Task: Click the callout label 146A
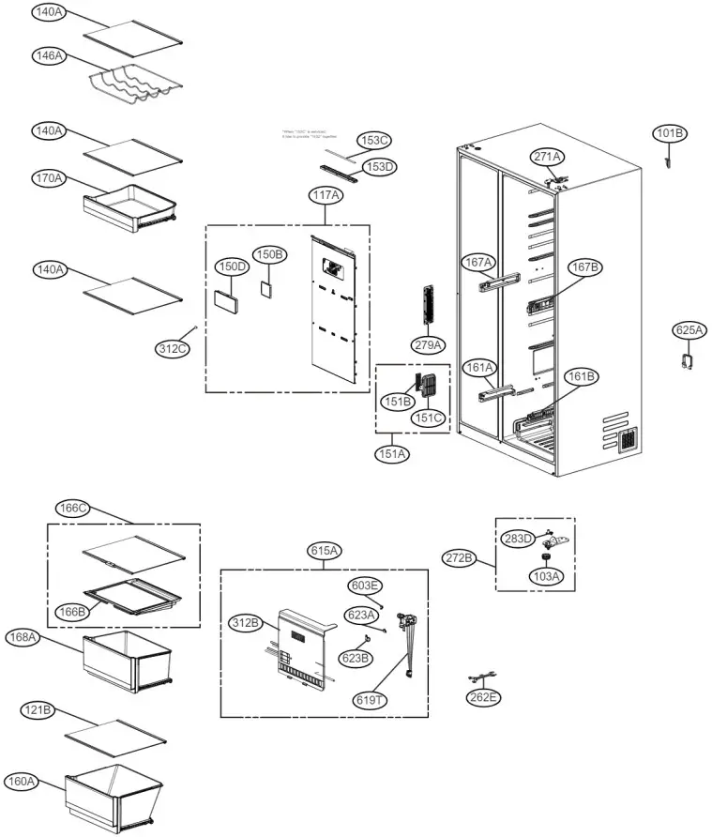tap(48, 56)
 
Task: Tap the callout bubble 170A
tap(48, 178)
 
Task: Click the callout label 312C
tap(173, 349)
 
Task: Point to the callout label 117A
tap(326, 195)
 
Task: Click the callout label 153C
tap(374, 140)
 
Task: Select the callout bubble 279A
tap(428, 344)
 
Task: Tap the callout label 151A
tap(392, 454)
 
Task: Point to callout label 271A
tap(548, 157)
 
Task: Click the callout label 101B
tap(670, 134)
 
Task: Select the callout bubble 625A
tap(689, 330)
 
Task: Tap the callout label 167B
tap(584, 267)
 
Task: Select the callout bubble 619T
tap(369, 700)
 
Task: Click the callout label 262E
tap(483, 697)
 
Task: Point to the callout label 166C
tap(72, 509)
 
